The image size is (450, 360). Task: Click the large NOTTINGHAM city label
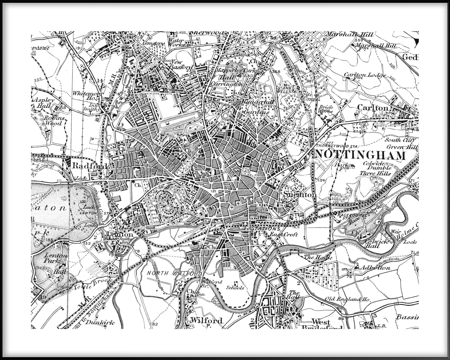point(360,155)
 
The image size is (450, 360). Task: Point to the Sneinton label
point(300,195)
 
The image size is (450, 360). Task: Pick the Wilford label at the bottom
point(207,321)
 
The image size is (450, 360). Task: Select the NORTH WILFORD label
point(174,274)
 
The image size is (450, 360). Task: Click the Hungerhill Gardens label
point(255,107)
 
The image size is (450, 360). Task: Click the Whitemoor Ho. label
point(85,95)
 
